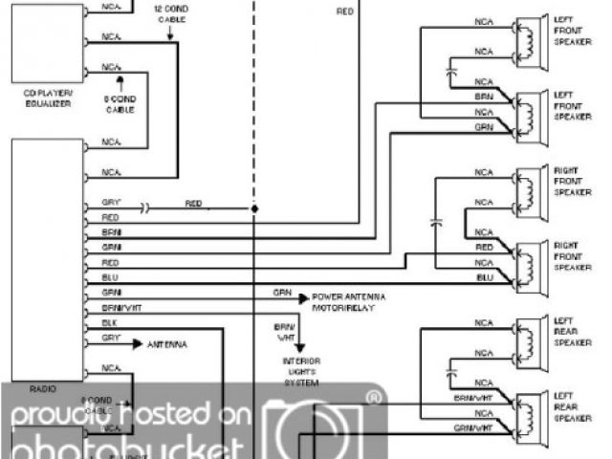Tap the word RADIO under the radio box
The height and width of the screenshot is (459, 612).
coord(42,388)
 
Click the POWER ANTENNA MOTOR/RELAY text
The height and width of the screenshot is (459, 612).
coord(350,302)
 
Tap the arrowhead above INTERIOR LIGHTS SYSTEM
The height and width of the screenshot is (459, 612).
coord(294,348)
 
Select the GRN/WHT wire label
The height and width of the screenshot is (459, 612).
coord(473,427)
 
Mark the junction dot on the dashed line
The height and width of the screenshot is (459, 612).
coord(255,208)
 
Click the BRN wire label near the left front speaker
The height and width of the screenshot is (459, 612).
coord(484,98)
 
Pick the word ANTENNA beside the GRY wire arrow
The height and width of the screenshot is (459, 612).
coord(167,343)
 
